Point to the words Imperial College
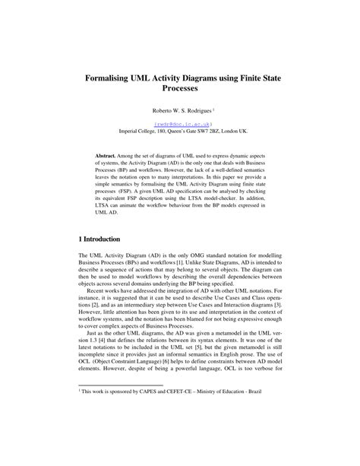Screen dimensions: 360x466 (x=138, y=130)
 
